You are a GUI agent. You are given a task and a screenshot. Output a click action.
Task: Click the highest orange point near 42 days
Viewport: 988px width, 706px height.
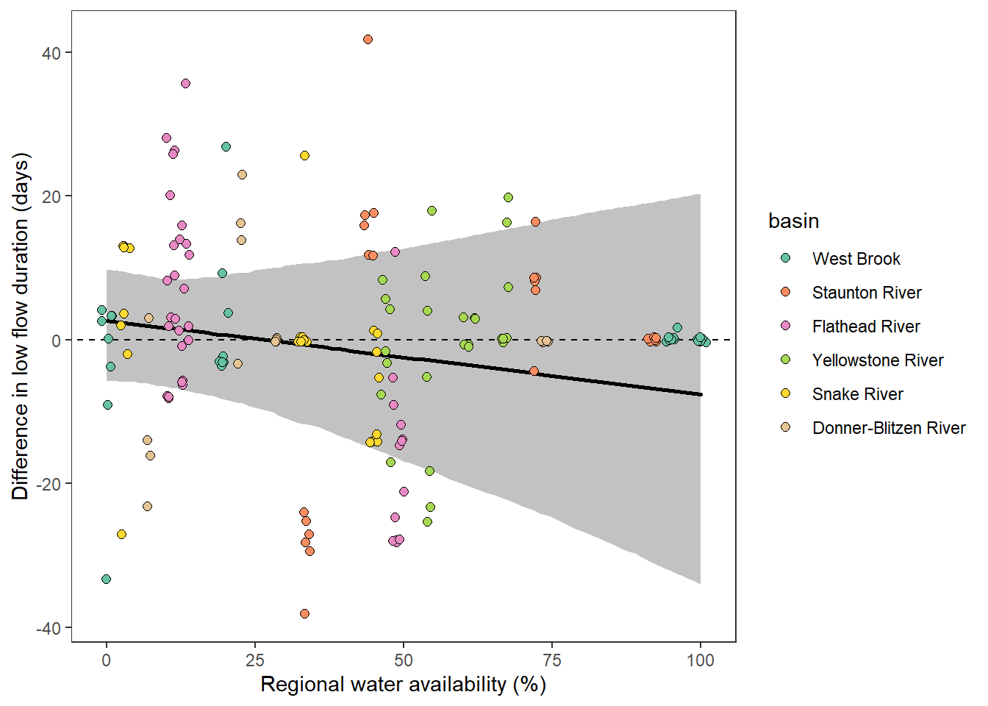[x=368, y=40]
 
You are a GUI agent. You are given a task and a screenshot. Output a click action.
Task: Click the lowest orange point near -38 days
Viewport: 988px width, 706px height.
[x=304, y=613]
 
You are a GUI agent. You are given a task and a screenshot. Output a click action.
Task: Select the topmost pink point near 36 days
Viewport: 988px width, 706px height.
[x=185, y=84]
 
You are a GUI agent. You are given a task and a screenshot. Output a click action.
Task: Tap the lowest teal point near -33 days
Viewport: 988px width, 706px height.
[x=106, y=579]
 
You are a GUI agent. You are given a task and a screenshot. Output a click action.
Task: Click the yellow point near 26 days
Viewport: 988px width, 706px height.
[x=304, y=156]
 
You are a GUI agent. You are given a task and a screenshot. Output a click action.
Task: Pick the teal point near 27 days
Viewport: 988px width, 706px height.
[x=226, y=147]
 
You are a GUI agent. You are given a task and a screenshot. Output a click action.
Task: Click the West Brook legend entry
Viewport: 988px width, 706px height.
[x=856, y=259]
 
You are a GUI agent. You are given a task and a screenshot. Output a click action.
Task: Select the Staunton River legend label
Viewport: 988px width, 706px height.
[x=866, y=293]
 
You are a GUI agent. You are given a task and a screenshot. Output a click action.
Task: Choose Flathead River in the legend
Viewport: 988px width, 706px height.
[x=865, y=327]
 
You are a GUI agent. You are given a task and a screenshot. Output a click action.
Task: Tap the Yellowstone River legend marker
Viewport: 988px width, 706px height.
[x=786, y=360]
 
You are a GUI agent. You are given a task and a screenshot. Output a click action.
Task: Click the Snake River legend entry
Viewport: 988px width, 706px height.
[x=857, y=394]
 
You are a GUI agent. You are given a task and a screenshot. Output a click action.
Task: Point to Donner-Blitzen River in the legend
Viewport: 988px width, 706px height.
[x=888, y=428]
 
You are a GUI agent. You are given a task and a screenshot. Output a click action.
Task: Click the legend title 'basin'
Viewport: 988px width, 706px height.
[x=793, y=221]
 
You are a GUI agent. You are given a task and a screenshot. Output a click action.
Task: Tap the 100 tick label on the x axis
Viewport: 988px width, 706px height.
[x=700, y=660]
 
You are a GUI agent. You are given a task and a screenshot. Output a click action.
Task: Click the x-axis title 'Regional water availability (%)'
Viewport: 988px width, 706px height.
[x=403, y=685]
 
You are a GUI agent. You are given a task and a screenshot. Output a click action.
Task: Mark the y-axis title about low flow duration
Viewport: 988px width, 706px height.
[x=21, y=327]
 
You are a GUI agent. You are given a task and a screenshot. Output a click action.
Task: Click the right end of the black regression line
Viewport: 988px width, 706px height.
[x=701, y=395]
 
